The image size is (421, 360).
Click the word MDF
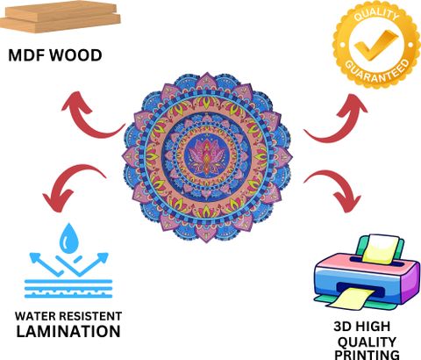click(27, 55)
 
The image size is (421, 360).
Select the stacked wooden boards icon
click(61, 18)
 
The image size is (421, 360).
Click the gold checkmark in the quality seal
click(376, 45)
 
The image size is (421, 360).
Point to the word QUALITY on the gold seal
click(376, 15)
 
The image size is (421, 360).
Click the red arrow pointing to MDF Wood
click(88, 117)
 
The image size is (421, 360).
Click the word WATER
click(36, 316)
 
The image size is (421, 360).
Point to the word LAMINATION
click(68, 332)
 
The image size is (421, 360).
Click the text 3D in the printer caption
click(342, 327)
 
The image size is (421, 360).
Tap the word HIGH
click(372, 327)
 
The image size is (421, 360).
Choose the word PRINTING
click(367, 354)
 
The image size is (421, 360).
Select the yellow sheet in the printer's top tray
click(381, 248)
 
